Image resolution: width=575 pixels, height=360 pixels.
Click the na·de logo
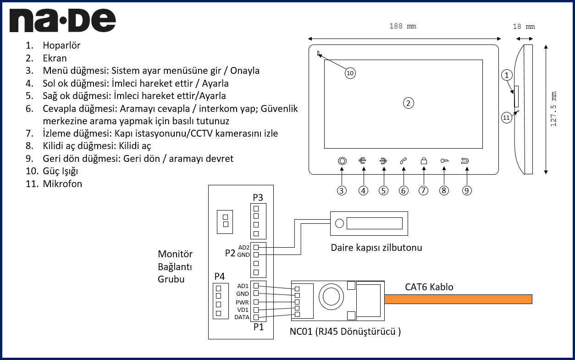62,21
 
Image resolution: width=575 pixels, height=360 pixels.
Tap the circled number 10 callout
350,73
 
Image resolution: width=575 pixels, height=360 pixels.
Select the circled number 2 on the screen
408,102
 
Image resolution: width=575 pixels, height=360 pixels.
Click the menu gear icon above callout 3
342,161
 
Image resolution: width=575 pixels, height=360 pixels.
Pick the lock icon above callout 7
424,161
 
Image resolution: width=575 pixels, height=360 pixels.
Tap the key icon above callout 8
444,161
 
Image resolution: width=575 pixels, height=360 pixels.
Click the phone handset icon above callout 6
404,161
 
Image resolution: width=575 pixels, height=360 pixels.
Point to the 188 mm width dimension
403,27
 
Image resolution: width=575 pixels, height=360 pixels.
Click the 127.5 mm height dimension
554,109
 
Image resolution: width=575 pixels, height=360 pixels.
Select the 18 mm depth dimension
524,27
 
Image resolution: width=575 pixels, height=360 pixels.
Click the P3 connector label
258,198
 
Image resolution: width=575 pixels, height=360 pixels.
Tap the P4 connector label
220,277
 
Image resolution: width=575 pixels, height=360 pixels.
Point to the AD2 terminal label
243,247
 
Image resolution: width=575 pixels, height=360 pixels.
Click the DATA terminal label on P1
242,317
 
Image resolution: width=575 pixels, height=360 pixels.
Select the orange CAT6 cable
458,299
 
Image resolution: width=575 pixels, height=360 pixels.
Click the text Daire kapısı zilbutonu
376,248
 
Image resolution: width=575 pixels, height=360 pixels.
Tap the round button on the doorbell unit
339,224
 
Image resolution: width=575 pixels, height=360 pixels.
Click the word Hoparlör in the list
61,45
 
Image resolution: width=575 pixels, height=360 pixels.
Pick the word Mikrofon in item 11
62,184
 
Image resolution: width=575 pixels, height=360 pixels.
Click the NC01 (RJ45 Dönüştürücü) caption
345,332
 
